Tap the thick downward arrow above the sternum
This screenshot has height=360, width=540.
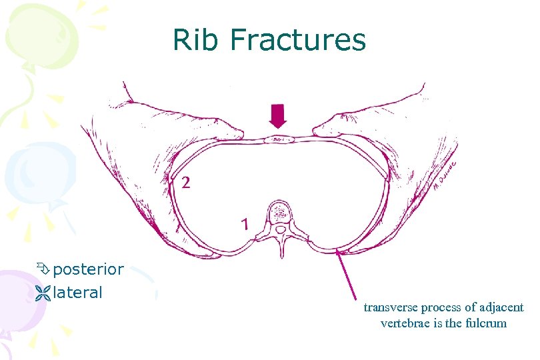pyautogui.click(x=278, y=117)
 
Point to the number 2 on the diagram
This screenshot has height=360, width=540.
pyautogui.click(x=185, y=183)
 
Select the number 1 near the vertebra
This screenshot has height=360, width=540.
pyautogui.click(x=245, y=224)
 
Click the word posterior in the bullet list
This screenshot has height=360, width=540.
pyautogui.click(x=88, y=270)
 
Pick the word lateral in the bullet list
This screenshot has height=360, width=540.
pyautogui.click(x=77, y=292)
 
